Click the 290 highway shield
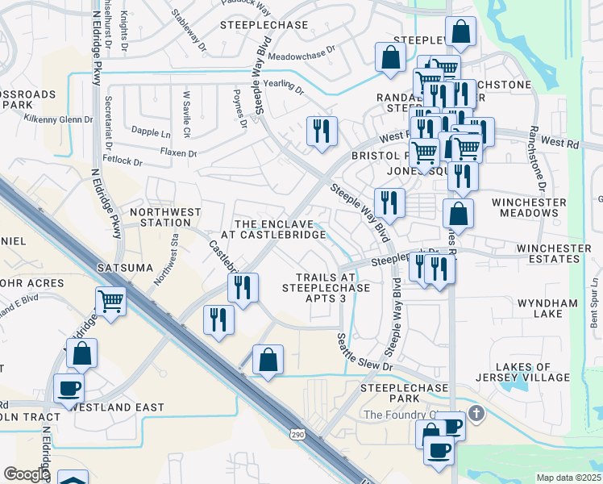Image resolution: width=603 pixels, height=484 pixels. [297, 435]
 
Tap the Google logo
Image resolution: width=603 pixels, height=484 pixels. [27, 474]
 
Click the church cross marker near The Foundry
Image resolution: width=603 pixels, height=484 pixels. [476, 414]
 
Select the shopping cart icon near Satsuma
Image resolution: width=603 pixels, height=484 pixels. [110, 302]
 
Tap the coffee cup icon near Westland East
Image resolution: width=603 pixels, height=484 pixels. [69, 388]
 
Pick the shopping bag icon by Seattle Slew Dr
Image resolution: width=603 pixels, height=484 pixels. [268, 359]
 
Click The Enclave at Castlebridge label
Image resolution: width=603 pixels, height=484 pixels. [280, 229]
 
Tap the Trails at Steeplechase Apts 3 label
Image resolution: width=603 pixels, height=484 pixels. [326, 287]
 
